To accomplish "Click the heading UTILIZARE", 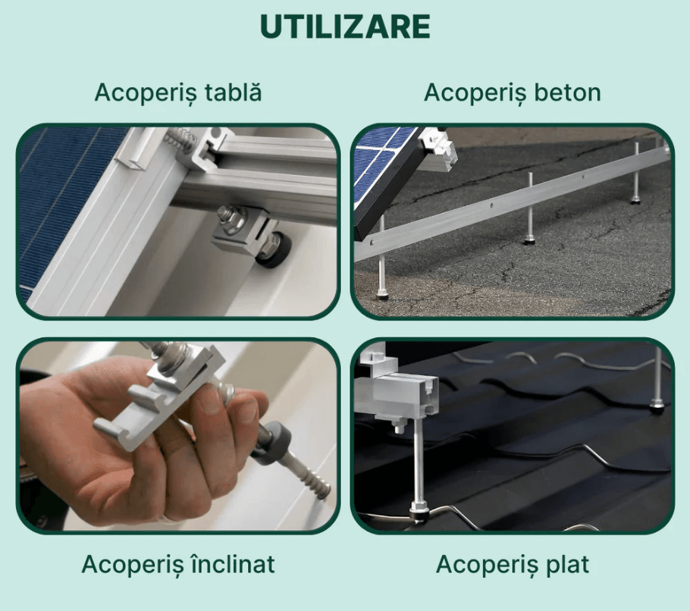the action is pyautogui.click(x=345, y=27).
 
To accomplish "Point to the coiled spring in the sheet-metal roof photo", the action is pyautogui.click(x=181, y=137).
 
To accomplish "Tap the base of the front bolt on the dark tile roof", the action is pyautogui.click(x=418, y=513).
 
